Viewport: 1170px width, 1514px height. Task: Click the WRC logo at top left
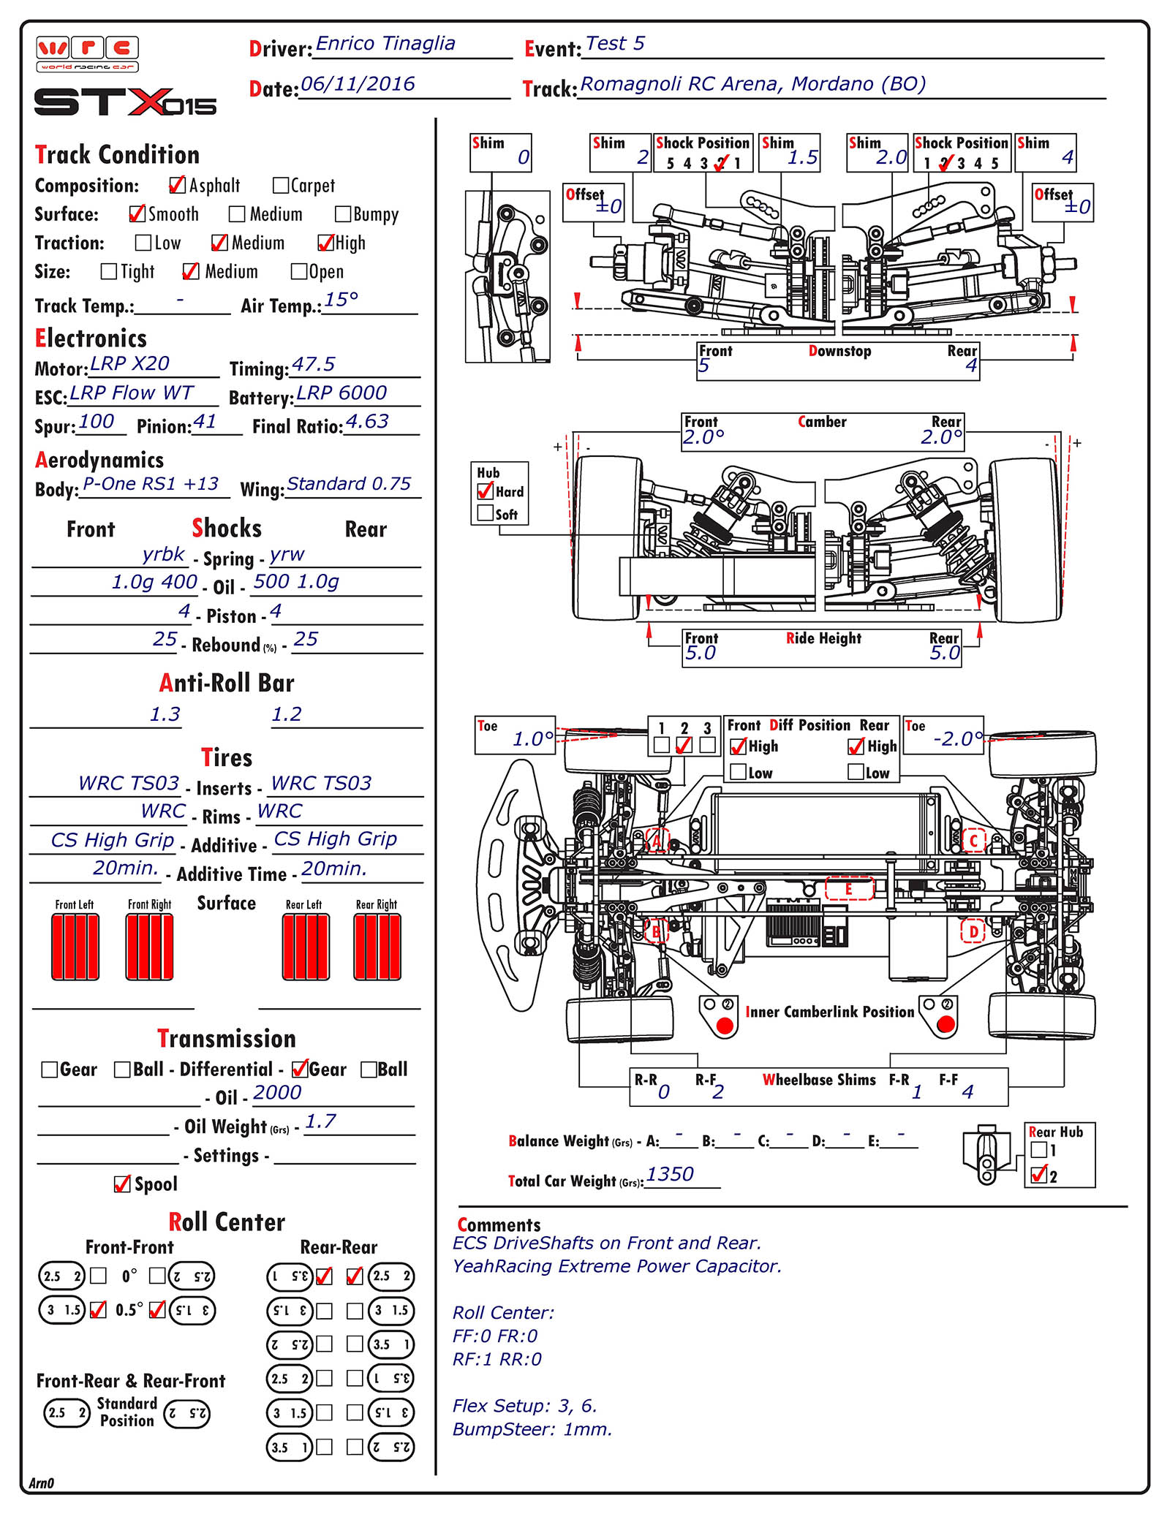point(87,54)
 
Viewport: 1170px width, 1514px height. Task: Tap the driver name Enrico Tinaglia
point(385,44)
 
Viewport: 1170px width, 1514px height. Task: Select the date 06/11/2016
point(358,84)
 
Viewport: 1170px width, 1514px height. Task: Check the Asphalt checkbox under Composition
point(177,185)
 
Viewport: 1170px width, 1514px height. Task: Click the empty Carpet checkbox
point(280,185)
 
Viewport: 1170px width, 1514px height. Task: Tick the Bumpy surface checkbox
point(342,213)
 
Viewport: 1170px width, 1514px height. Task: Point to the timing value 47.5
point(313,364)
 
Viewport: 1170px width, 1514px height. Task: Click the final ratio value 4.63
point(367,421)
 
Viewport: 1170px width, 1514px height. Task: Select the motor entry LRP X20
point(129,363)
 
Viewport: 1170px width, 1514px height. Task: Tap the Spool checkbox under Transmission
point(122,1184)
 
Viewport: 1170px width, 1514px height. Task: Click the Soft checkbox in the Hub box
point(485,513)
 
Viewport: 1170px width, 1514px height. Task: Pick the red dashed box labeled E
point(849,888)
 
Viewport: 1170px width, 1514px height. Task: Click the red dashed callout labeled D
point(973,931)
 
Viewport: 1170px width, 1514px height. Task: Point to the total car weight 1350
point(670,1174)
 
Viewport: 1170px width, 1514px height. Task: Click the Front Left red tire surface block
point(75,947)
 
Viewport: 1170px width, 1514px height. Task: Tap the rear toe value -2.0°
point(958,738)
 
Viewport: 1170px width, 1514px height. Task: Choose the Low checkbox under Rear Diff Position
point(856,771)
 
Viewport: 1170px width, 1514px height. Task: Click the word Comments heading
point(499,1225)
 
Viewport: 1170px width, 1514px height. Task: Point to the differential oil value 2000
point(277,1092)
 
